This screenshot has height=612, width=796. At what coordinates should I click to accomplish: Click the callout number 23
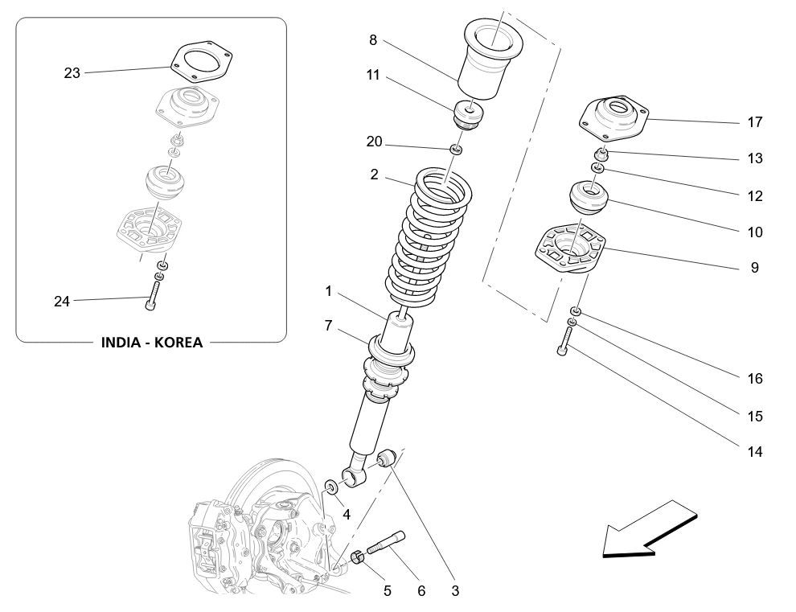[72, 73]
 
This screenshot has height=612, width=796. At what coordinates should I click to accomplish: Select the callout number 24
[62, 302]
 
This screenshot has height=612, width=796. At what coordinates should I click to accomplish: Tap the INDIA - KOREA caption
[151, 342]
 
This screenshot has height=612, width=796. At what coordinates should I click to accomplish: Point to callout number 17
[754, 123]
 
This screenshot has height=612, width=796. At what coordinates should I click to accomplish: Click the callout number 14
[754, 452]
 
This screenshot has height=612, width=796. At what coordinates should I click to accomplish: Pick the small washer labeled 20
[457, 150]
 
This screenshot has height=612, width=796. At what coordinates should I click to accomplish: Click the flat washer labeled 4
[331, 487]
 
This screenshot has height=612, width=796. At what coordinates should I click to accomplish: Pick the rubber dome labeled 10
[589, 198]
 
